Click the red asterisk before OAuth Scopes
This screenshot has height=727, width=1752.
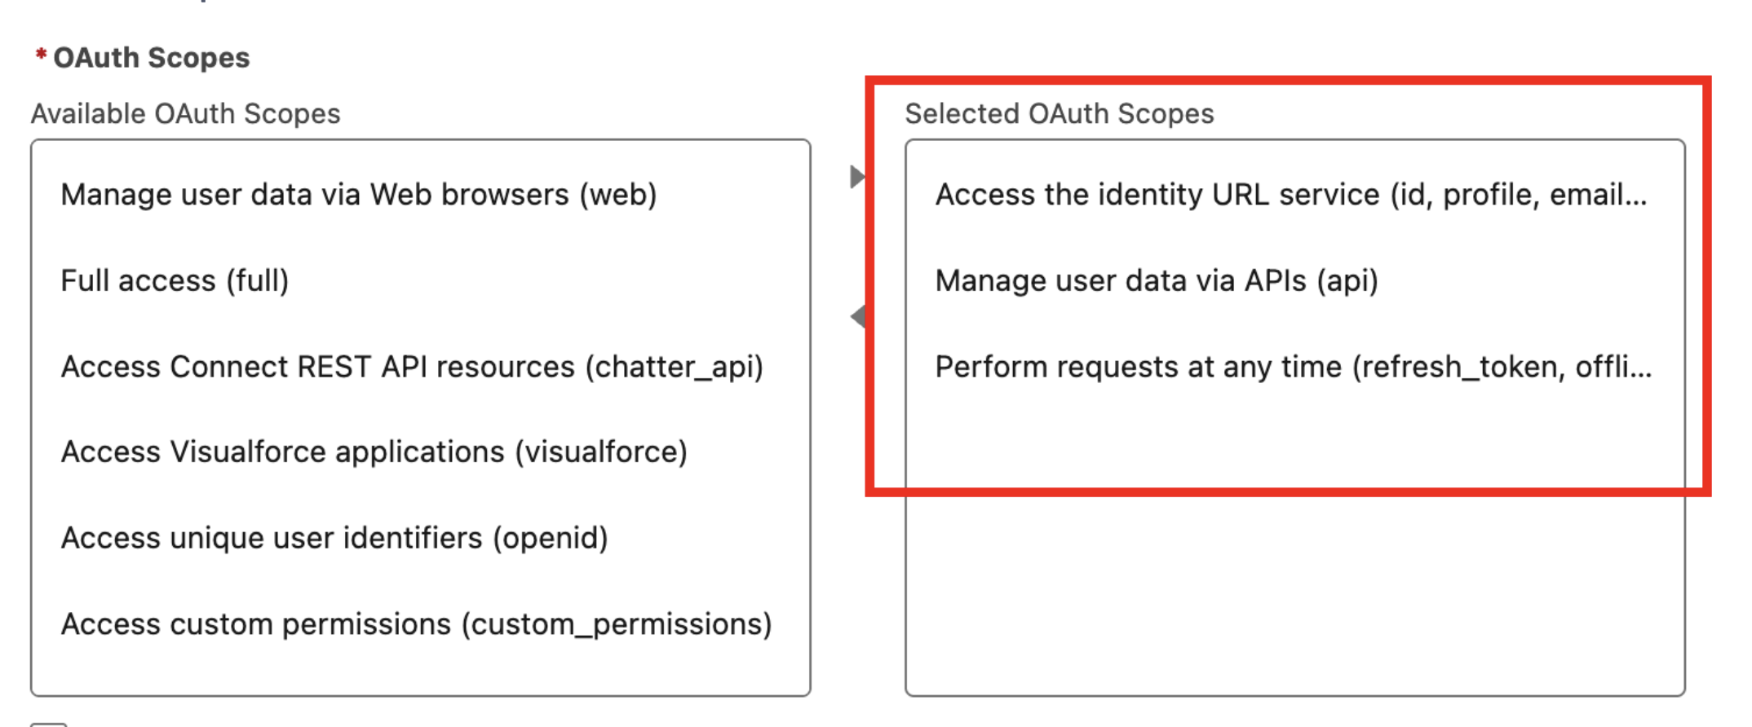click(x=41, y=54)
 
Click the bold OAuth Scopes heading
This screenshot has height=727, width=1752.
click(x=152, y=58)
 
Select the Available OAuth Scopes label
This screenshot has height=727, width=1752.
click(x=186, y=113)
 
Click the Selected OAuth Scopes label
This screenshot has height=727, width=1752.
click(x=1060, y=113)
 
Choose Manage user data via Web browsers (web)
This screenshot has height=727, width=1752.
click(x=359, y=195)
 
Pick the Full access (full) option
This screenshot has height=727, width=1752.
click(x=175, y=280)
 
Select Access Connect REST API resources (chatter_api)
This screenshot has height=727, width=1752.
click(x=412, y=367)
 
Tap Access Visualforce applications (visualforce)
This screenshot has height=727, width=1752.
click(x=374, y=452)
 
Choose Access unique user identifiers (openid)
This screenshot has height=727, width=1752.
click(x=334, y=538)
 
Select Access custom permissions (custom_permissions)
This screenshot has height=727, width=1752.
click(x=416, y=624)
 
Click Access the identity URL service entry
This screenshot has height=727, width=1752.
click(x=1291, y=195)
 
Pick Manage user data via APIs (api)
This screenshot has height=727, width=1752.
click(x=1157, y=280)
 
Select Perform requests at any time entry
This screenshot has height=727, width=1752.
click(x=1294, y=367)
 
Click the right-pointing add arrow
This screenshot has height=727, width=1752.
click(x=857, y=177)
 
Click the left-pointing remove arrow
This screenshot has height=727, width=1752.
click(x=857, y=316)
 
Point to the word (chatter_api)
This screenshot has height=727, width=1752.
click(x=675, y=367)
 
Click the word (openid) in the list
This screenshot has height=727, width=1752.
click(x=551, y=538)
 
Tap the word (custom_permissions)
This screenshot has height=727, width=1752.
click(x=617, y=624)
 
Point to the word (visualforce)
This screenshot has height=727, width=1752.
click(x=601, y=452)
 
